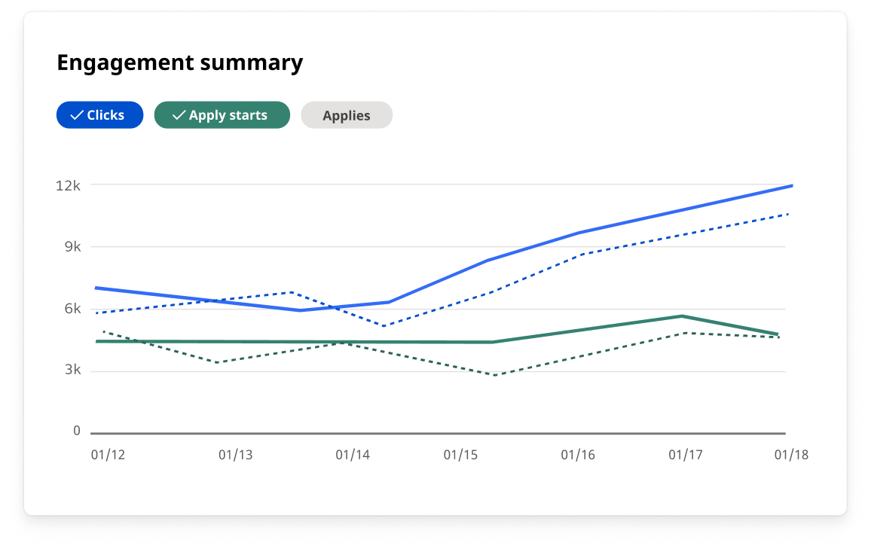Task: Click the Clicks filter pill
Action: pos(99,115)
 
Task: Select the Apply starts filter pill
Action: pos(222,115)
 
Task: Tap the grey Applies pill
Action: pos(347,115)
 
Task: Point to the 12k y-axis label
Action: pos(68,185)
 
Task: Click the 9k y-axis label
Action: pos(72,247)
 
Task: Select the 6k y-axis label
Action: pos(72,309)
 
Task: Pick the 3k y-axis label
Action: pos(72,371)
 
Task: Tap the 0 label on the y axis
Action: pos(77,431)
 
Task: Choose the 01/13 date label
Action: pos(235,455)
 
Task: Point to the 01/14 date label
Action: pos(353,455)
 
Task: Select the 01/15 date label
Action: pos(460,455)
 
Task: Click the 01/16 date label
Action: pos(578,455)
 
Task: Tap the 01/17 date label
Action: pos(686,455)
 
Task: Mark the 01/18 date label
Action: pos(792,455)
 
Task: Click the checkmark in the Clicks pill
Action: pos(76,115)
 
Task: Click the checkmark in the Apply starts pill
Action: pos(179,115)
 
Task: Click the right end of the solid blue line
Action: pos(791,185)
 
